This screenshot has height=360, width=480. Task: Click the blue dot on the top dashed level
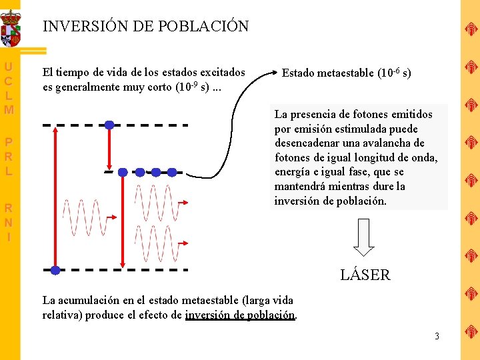pyautogui.click(x=109, y=125)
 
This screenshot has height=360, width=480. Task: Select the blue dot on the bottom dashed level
pyautogui.click(x=55, y=270)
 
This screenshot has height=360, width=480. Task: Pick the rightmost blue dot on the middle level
pyautogui.click(x=172, y=172)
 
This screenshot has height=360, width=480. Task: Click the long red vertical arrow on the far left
pyautogui.click(x=55, y=197)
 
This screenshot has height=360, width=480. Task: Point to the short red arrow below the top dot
pyautogui.click(x=109, y=148)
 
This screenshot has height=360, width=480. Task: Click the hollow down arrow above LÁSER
pyautogui.click(x=364, y=237)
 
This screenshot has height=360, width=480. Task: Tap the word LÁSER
pyautogui.click(x=365, y=275)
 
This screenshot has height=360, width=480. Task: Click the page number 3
pyautogui.click(x=437, y=336)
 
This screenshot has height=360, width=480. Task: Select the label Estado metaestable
pyautogui.click(x=329, y=73)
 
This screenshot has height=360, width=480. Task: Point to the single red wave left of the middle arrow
pyautogui.click(x=85, y=217)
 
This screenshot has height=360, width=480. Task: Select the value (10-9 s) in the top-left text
pyautogui.click(x=195, y=87)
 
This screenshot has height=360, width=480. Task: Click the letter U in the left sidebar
pyautogui.click(x=9, y=67)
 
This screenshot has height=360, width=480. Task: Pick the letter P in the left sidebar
pyautogui.click(x=9, y=142)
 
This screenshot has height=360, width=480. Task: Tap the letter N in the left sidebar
pyautogui.click(x=9, y=222)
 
